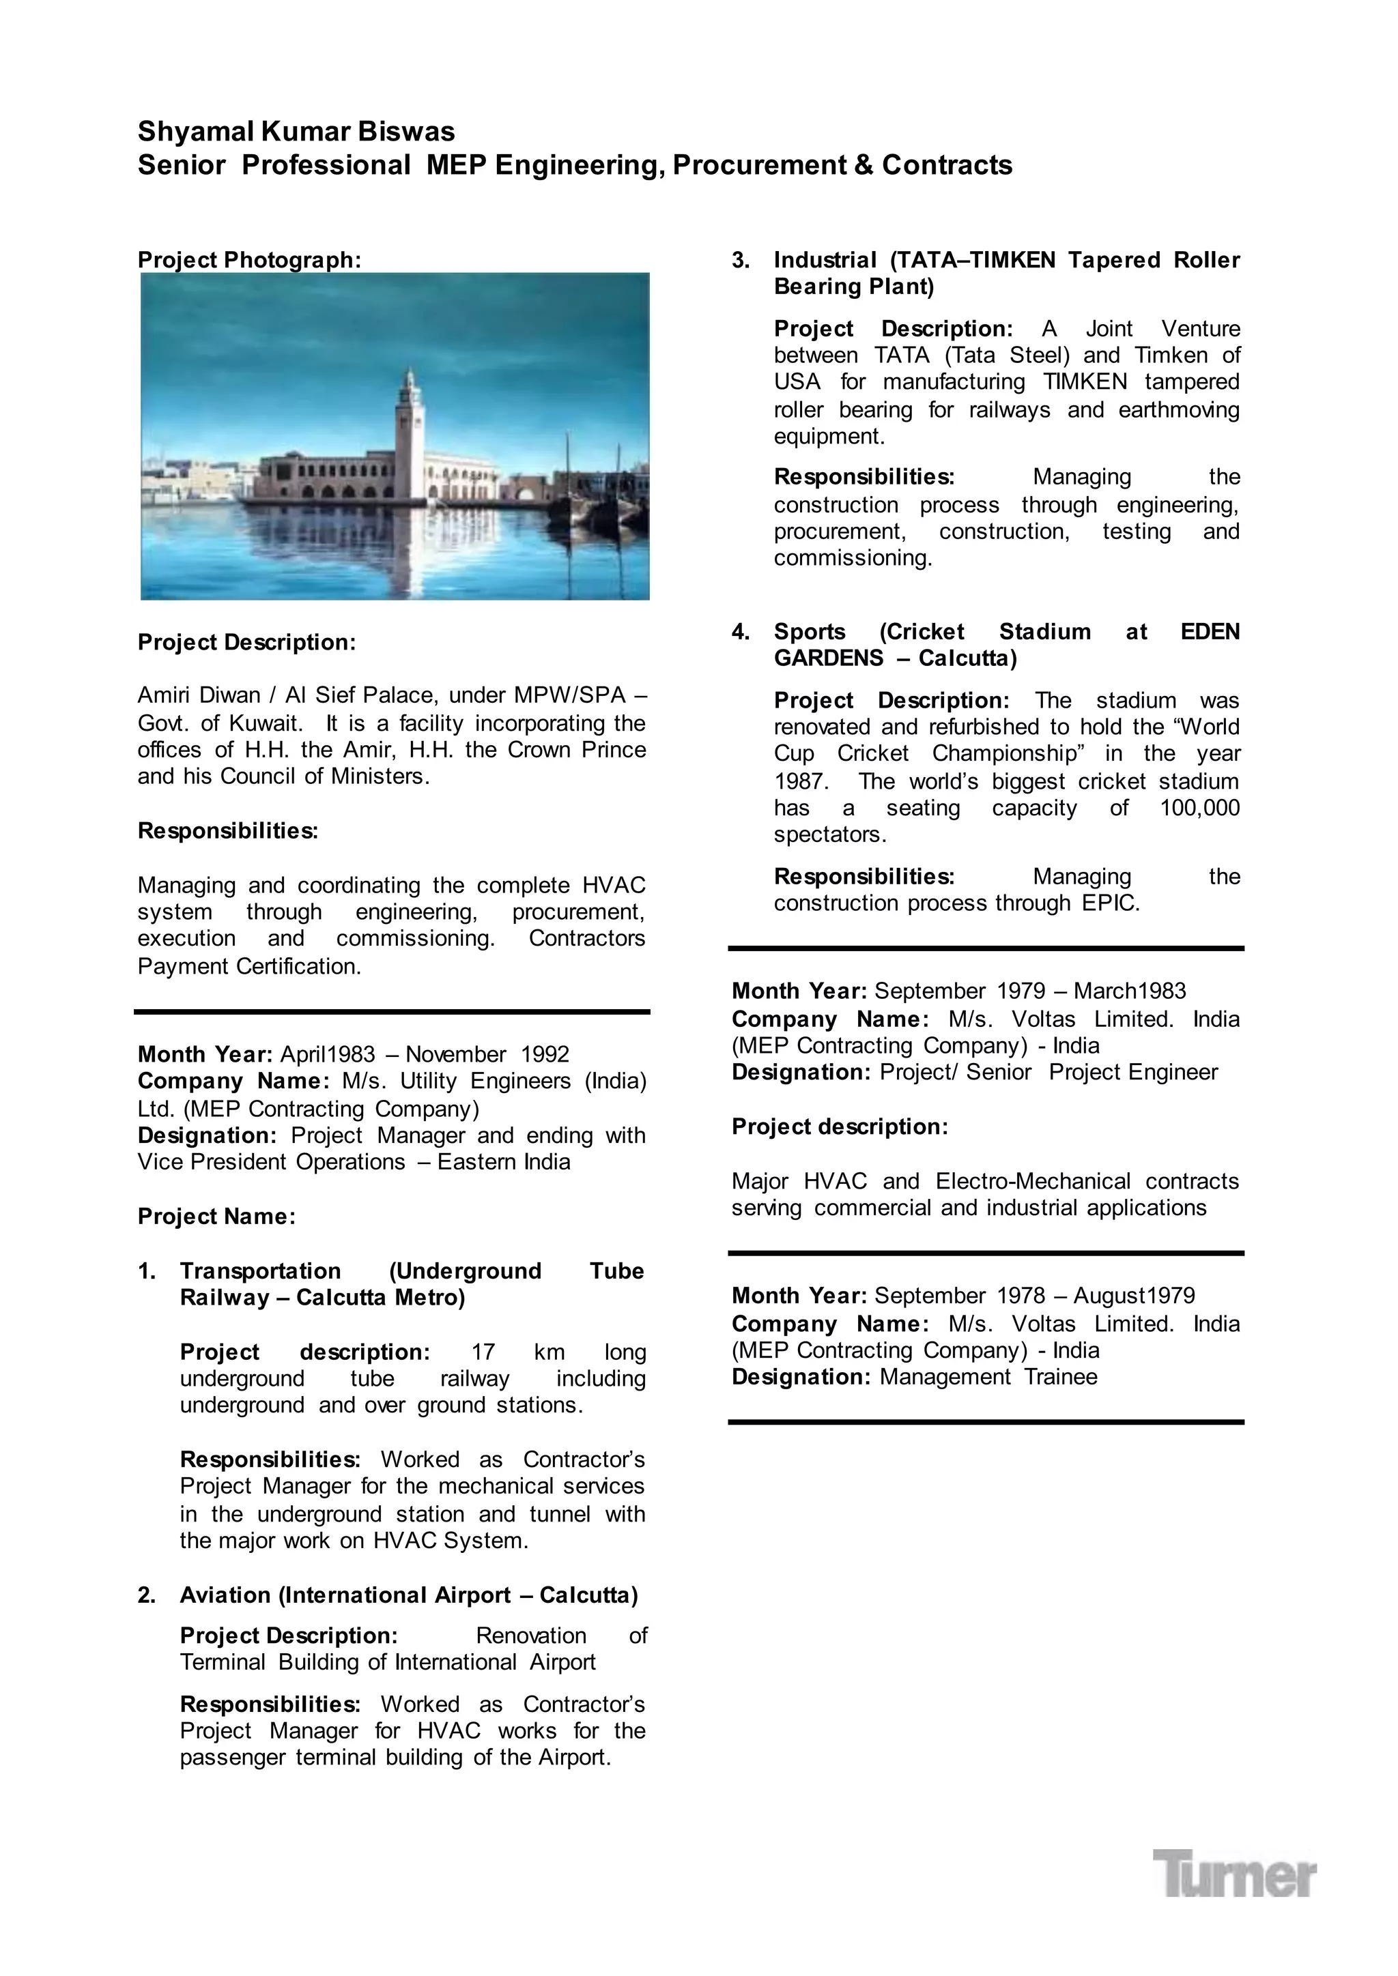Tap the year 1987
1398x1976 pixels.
800,781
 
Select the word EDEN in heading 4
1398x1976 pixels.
1210,632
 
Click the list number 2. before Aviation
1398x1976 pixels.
147,1595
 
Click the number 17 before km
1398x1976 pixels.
483,1352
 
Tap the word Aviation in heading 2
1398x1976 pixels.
225,1595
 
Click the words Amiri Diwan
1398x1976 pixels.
199,695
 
